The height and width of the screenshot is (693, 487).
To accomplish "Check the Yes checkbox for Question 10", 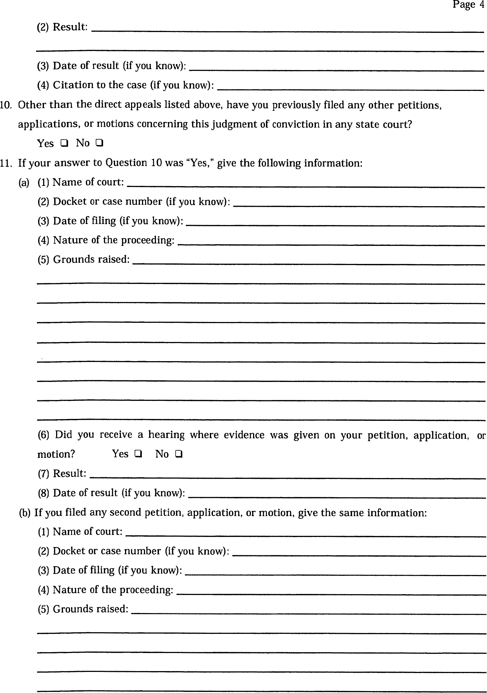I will point(64,143).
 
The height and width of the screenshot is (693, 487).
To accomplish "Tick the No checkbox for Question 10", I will point(100,143).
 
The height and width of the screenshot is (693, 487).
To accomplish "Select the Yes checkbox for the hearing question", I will point(138,454).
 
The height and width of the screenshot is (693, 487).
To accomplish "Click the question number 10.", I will point(6,105).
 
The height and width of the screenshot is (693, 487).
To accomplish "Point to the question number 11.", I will point(6,163).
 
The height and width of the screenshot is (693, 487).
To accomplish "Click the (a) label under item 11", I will point(24,183).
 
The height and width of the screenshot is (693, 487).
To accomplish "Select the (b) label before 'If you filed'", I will point(24,513).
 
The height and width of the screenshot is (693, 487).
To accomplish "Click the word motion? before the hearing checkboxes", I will point(56,454).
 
